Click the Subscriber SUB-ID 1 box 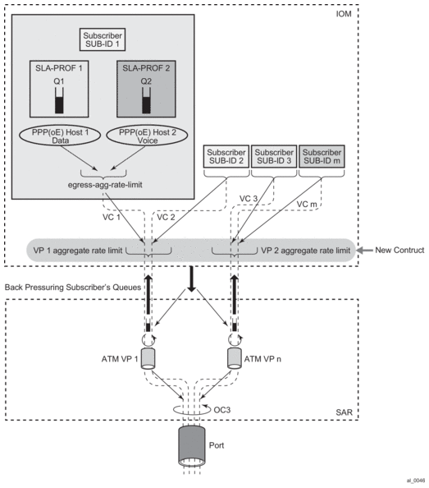[103, 39]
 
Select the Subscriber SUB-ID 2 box [226, 157]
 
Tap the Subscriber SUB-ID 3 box [274, 157]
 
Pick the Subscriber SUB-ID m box [322, 157]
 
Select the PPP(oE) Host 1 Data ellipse [60, 136]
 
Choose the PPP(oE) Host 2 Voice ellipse [147, 136]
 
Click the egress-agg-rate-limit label [105, 185]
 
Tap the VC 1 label [112, 217]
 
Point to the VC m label [307, 205]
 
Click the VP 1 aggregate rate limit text [78, 251]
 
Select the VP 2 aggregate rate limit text [306, 251]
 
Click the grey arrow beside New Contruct [365, 250]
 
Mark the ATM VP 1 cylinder [148, 359]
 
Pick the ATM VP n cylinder [235, 359]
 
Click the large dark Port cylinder [192, 446]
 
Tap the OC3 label [222, 410]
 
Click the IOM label [344, 14]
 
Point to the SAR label [345, 412]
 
